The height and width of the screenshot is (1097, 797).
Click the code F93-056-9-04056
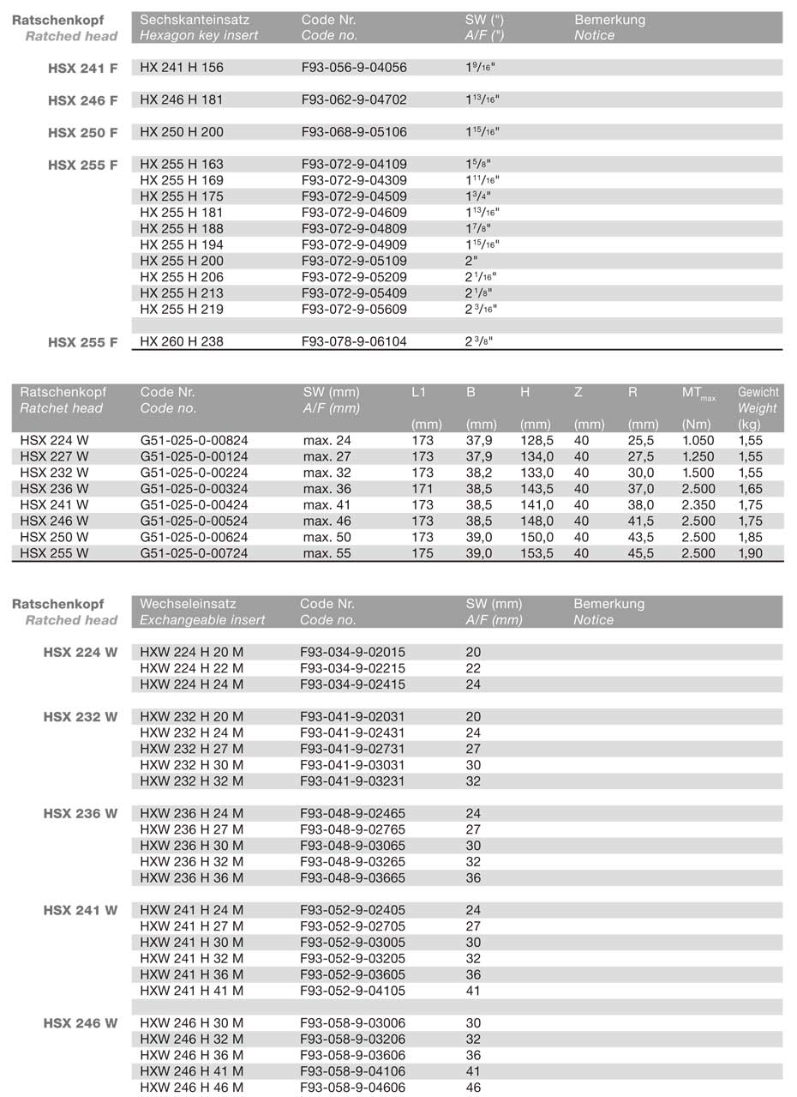click(354, 68)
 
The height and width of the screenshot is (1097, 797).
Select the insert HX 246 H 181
click(181, 99)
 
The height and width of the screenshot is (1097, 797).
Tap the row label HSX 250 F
click(82, 133)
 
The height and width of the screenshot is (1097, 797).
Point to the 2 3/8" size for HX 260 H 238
click(479, 341)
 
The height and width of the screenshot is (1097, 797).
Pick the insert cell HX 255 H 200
click(181, 261)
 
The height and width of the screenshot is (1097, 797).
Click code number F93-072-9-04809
click(354, 229)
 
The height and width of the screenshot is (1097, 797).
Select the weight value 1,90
click(751, 554)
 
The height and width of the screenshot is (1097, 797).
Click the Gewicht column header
click(758, 392)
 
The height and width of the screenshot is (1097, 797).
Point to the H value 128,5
click(536, 441)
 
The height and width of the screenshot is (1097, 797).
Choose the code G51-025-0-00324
click(194, 489)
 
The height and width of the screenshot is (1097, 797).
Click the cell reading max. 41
click(327, 505)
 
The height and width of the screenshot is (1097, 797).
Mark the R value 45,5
click(640, 554)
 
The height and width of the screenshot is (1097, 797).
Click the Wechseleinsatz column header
click(188, 604)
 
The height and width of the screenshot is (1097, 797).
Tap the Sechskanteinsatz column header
click(193, 20)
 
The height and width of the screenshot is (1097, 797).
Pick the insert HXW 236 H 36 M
click(191, 877)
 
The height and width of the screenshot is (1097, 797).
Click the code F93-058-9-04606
click(353, 1088)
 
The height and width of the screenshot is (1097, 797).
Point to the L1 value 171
click(422, 489)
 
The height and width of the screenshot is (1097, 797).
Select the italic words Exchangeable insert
click(202, 620)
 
